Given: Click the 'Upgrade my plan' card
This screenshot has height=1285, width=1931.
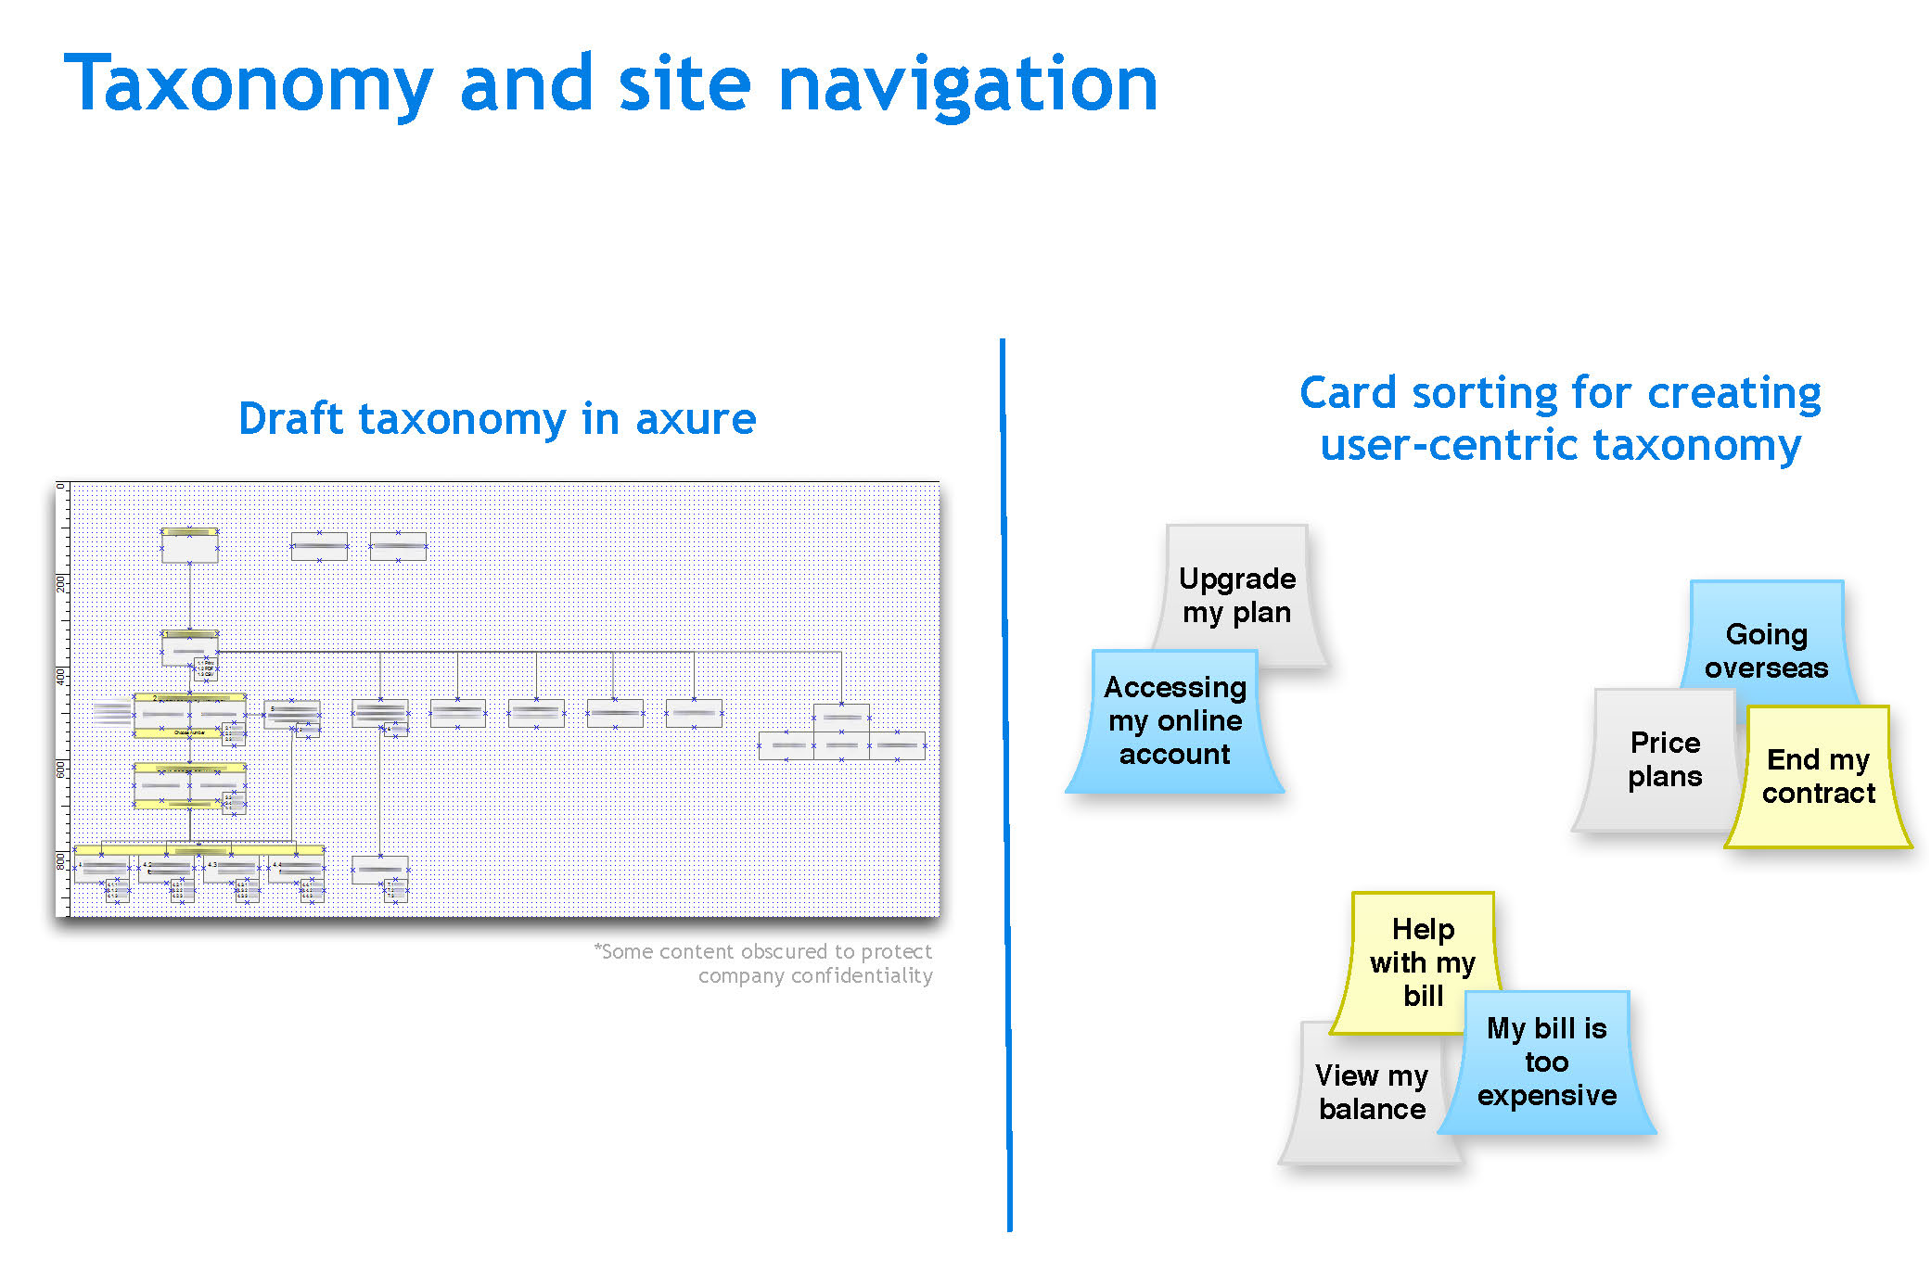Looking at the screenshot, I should [1237, 594].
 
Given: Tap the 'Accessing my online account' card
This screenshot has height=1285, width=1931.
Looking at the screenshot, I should [1174, 720].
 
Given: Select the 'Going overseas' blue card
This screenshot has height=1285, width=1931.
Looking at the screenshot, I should [1766, 650].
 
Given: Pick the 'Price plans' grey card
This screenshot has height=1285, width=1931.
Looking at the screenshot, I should [1665, 759].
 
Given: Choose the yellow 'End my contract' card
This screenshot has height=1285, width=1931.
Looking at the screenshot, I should [1818, 776].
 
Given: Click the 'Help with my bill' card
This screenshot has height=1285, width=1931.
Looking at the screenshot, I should [1423, 961].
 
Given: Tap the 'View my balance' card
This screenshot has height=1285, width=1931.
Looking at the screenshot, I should [1371, 1092].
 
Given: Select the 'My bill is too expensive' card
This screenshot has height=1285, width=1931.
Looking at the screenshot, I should [1546, 1062].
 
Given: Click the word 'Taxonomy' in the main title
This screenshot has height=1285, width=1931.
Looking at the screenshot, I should [249, 85].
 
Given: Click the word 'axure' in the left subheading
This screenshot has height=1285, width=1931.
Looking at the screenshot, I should [696, 419].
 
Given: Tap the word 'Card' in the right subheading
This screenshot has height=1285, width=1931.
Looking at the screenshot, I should [1349, 393].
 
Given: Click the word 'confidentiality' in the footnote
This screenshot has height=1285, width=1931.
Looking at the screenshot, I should [862, 976].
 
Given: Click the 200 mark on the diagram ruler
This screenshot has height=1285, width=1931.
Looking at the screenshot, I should [61, 583].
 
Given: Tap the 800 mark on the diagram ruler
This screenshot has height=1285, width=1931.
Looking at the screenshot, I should [61, 861].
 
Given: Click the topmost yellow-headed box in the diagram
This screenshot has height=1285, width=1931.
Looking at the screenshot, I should [190, 545].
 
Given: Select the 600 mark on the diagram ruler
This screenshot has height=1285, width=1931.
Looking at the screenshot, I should [61, 769].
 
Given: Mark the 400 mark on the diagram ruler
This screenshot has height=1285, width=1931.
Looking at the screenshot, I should [61, 676].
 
